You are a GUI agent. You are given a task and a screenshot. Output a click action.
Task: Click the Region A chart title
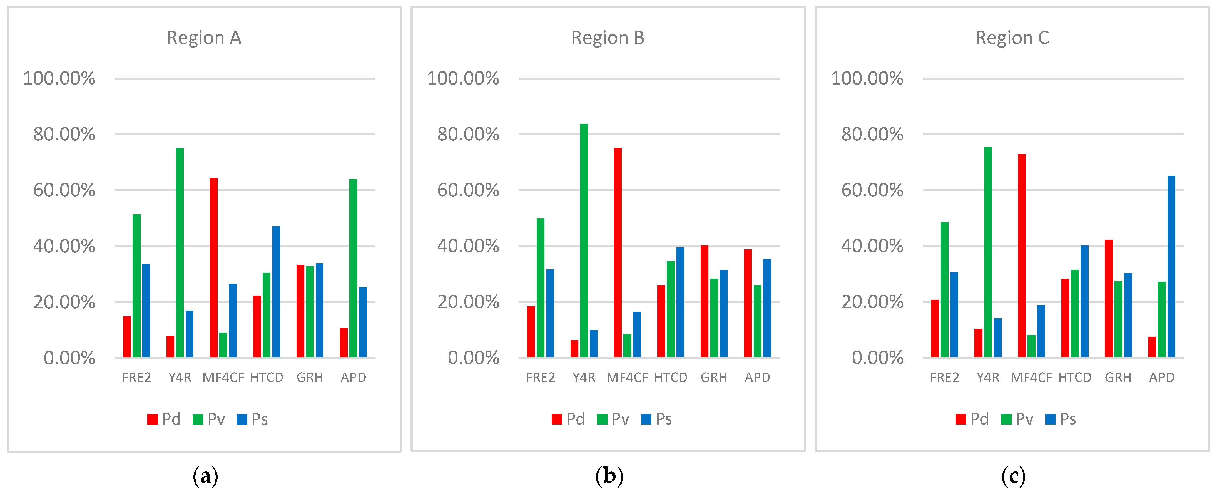[x=204, y=38]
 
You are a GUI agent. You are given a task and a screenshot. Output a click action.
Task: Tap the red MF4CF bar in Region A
[x=213, y=267]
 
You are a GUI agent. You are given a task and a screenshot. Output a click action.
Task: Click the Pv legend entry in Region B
[x=613, y=419]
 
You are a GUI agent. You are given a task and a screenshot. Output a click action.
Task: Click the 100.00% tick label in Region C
[x=867, y=78]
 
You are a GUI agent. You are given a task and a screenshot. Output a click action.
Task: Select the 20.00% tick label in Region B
[x=468, y=302]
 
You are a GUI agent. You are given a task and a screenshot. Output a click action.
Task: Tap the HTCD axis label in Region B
[x=670, y=377]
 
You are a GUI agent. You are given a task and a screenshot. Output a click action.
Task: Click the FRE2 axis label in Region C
[x=944, y=377]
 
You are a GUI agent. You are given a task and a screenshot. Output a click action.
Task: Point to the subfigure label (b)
[x=609, y=476]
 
